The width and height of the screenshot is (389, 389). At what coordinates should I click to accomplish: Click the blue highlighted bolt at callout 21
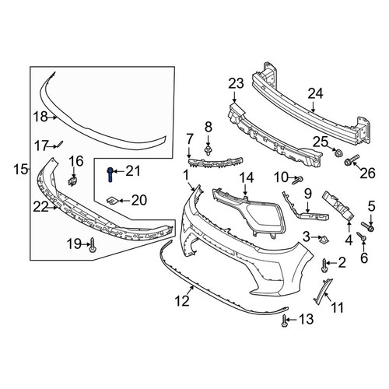coord(110,174)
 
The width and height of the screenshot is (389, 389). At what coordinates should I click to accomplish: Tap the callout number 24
coord(316,93)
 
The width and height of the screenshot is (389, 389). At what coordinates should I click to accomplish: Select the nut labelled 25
coord(338,152)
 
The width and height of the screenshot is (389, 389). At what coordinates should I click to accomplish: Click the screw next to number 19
coord(93,245)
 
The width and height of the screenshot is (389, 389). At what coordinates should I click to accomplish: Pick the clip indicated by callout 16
coord(72,180)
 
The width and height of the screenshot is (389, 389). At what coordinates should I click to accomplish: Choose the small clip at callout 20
coord(112,200)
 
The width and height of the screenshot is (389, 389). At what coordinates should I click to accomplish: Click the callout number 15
coord(22,170)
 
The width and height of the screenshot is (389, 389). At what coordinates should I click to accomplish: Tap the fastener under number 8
coord(208,150)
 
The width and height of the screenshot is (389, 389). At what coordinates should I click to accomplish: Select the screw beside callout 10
coord(297,180)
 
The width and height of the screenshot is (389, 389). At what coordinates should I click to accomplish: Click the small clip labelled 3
coord(324,240)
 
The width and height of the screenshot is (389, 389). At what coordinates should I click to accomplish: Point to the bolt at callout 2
coord(324,265)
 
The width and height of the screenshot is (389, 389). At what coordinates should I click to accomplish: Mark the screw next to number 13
coord(285,321)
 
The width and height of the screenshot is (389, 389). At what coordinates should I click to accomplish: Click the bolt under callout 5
coord(367,226)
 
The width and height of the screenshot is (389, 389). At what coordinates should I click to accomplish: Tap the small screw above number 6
coord(361,236)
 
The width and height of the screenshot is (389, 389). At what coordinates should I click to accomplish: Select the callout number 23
coord(236,83)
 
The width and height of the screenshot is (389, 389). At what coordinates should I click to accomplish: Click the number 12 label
coord(182,301)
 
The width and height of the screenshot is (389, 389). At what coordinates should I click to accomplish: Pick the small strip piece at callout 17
coord(60,143)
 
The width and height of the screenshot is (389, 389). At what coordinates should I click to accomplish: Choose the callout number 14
coord(246,178)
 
